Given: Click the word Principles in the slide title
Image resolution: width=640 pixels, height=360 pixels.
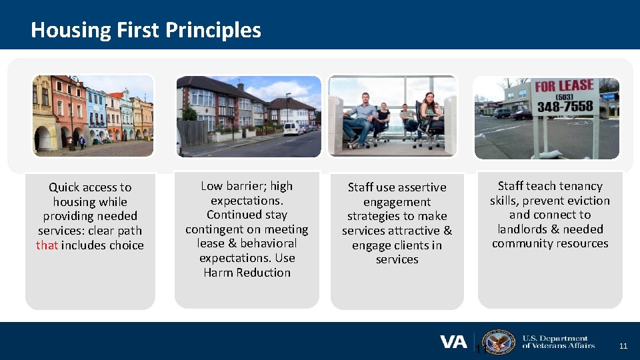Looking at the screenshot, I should pos(213,30).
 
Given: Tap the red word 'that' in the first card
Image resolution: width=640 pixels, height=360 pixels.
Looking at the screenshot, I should pos(47,245).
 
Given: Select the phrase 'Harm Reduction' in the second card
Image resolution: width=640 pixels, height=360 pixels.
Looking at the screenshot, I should pos(247,273).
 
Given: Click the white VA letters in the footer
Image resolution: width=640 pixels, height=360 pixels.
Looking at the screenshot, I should pos(453,342).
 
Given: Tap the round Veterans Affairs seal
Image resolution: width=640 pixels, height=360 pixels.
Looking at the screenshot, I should pos(498,342).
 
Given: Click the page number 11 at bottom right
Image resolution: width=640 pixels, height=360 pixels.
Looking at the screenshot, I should pos(623,346).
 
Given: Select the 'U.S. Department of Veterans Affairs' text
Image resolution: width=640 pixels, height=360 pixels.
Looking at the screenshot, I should pos(555,342).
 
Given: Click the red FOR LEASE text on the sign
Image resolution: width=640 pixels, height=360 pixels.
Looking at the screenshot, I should pos(564,87).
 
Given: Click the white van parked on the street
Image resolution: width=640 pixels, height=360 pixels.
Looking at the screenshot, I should pos(291,129).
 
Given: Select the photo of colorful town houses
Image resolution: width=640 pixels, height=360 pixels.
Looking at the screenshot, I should pos(93,115).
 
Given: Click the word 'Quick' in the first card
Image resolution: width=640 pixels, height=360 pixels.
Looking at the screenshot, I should pos(63,187).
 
